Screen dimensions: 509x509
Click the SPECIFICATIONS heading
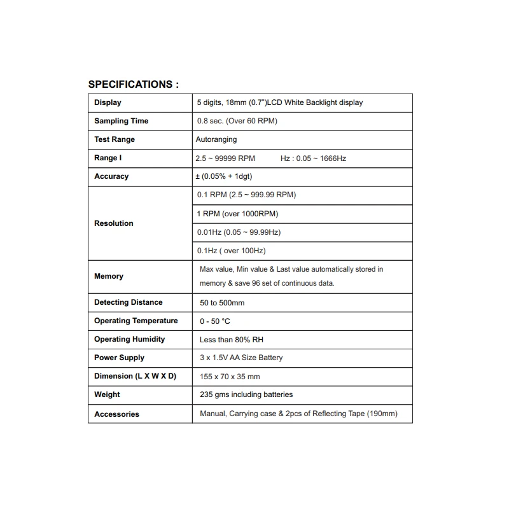[x=133, y=84]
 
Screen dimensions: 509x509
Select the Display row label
[x=108, y=102]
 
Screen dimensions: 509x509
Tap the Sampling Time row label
[x=121, y=121]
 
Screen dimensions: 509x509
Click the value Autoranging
[x=216, y=139]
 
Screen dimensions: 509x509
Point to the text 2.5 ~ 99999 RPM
[x=225, y=158]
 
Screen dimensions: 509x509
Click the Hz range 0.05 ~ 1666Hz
[x=313, y=158]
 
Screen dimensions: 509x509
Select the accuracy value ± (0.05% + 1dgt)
[x=227, y=176]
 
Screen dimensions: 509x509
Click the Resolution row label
[x=114, y=223]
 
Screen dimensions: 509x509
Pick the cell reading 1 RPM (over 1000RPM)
[x=237, y=214]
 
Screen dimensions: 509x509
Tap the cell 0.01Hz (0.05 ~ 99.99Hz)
[x=239, y=232]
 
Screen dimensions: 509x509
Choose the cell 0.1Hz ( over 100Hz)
[x=232, y=251]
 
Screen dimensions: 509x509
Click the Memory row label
[x=109, y=276]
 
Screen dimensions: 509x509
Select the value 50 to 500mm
[x=222, y=303]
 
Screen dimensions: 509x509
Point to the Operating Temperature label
[x=136, y=321]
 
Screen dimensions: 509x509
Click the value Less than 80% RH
[x=232, y=340]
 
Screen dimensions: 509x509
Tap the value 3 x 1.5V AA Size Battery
[x=241, y=358]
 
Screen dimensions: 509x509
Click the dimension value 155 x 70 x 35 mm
[x=230, y=377]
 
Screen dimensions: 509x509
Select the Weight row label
[x=107, y=394]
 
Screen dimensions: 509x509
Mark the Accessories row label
[x=116, y=414]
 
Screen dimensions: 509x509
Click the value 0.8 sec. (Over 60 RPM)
[x=237, y=121]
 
